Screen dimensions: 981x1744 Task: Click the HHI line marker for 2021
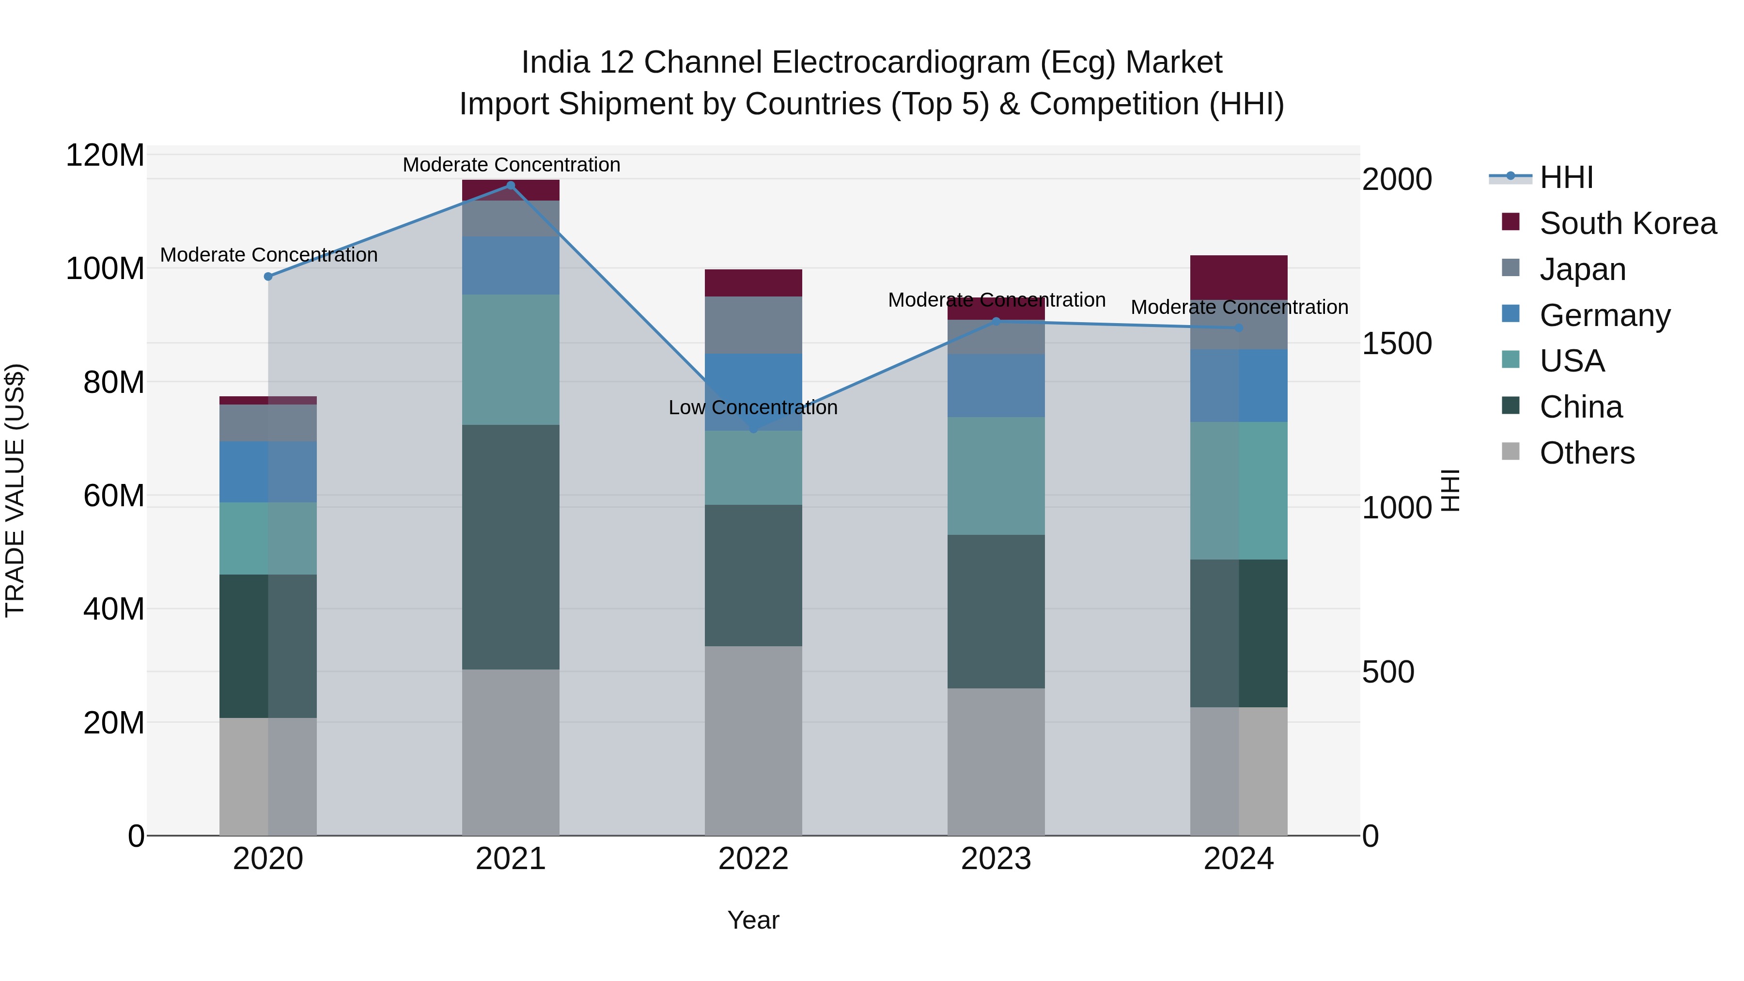click(x=511, y=186)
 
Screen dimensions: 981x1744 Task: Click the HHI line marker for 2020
click(x=268, y=276)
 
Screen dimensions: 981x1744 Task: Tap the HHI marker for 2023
click(x=996, y=322)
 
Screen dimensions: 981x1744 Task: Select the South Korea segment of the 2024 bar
click(x=1239, y=277)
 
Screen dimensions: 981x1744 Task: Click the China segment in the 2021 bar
click(x=511, y=547)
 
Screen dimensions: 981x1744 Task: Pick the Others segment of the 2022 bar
click(x=753, y=741)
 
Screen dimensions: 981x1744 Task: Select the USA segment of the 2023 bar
click(x=996, y=475)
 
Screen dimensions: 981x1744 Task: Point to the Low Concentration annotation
click(x=753, y=407)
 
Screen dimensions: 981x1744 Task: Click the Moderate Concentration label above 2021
click(x=511, y=165)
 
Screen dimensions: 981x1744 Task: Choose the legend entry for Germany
click(x=1604, y=315)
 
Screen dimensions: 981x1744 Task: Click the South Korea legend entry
click(x=1628, y=223)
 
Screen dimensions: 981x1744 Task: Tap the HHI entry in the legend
click(x=1566, y=177)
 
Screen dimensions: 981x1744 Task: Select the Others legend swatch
click(x=1510, y=452)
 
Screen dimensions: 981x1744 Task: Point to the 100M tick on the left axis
click(x=105, y=269)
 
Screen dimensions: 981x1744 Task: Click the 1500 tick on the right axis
click(x=1397, y=344)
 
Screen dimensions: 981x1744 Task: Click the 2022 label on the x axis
click(x=753, y=859)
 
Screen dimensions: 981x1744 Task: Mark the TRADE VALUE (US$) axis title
click(x=15, y=490)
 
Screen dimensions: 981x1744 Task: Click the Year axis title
click(x=753, y=920)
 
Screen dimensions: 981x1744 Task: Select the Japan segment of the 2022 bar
click(x=753, y=325)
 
